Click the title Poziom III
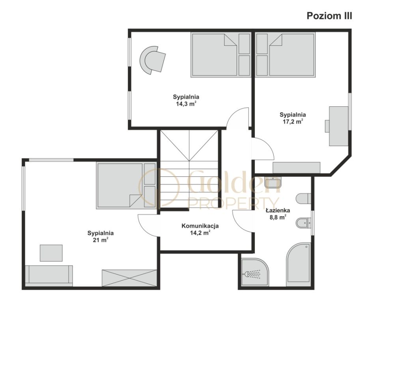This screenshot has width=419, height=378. point(329,16)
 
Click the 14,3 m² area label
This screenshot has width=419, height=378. point(186,104)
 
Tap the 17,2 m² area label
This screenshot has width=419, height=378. point(293,122)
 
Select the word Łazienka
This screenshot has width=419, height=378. point(278,210)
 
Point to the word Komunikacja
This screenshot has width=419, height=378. point(200,226)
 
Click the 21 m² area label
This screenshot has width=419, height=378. point(101,240)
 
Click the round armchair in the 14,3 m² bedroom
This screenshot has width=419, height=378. point(153,60)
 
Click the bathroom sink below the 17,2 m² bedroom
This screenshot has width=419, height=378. point(273,183)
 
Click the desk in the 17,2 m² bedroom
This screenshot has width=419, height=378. point(339,126)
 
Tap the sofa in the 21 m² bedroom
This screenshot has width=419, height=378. point(49,276)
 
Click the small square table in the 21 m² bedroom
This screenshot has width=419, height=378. point(51,253)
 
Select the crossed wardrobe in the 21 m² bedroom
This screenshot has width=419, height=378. point(129,278)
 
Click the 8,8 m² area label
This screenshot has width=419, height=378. point(278,217)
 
